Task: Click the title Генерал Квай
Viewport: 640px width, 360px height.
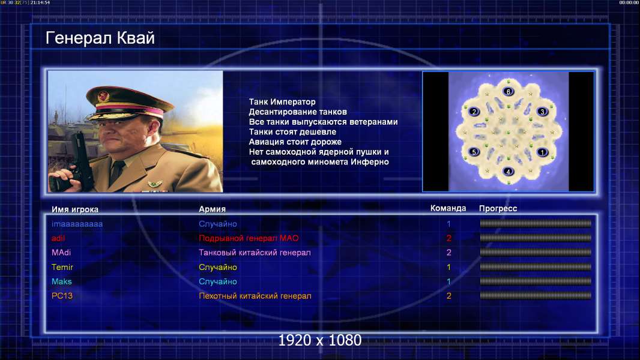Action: point(100,38)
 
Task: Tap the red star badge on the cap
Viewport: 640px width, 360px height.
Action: point(104,96)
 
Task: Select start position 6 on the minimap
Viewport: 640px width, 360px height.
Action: point(508,91)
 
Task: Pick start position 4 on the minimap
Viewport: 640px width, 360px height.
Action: point(508,171)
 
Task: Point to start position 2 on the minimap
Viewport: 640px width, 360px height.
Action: point(474,112)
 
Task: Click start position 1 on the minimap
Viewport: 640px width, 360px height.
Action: point(542,152)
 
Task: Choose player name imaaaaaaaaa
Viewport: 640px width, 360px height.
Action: point(77,224)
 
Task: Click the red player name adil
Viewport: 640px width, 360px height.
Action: point(58,238)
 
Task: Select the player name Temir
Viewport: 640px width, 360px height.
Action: point(62,267)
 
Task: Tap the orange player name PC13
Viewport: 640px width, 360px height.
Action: point(62,296)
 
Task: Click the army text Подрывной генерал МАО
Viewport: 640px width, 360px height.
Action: point(249,238)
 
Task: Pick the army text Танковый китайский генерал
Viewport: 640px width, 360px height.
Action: point(255,253)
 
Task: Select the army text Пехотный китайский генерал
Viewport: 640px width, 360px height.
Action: point(255,296)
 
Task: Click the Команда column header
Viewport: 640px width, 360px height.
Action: point(448,208)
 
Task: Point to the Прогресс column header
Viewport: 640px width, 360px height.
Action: point(498,209)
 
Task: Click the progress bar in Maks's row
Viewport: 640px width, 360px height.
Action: point(536,281)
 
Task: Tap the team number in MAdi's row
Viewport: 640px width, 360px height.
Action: point(449,253)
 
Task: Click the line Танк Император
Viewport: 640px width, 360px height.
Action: point(282,102)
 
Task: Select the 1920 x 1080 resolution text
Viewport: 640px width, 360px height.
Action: point(319,340)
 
